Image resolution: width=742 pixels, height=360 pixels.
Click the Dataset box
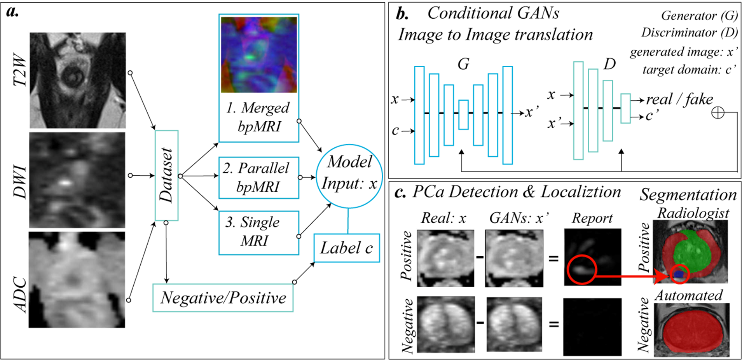coord(166,175)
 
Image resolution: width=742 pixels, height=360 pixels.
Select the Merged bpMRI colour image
coord(259,54)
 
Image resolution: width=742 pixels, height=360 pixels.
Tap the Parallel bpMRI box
coord(258,178)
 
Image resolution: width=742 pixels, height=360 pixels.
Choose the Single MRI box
coord(258,232)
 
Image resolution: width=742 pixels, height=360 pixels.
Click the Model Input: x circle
coord(349,176)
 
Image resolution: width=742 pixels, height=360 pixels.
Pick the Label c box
coord(346,248)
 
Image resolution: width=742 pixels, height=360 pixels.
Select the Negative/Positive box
coord(223,298)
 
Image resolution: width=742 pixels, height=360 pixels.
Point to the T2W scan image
coord(78,80)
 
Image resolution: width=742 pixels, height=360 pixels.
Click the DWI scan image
coord(77,180)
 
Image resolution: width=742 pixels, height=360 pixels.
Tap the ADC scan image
coord(77,280)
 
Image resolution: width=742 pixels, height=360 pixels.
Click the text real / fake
coord(679,100)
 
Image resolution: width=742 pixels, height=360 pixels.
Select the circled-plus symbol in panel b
coord(718,113)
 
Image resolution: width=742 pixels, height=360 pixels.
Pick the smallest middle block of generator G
coord(463,115)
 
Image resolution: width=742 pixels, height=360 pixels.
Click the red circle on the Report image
coord(581,269)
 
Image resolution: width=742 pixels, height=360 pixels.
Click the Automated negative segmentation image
coord(691,330)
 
